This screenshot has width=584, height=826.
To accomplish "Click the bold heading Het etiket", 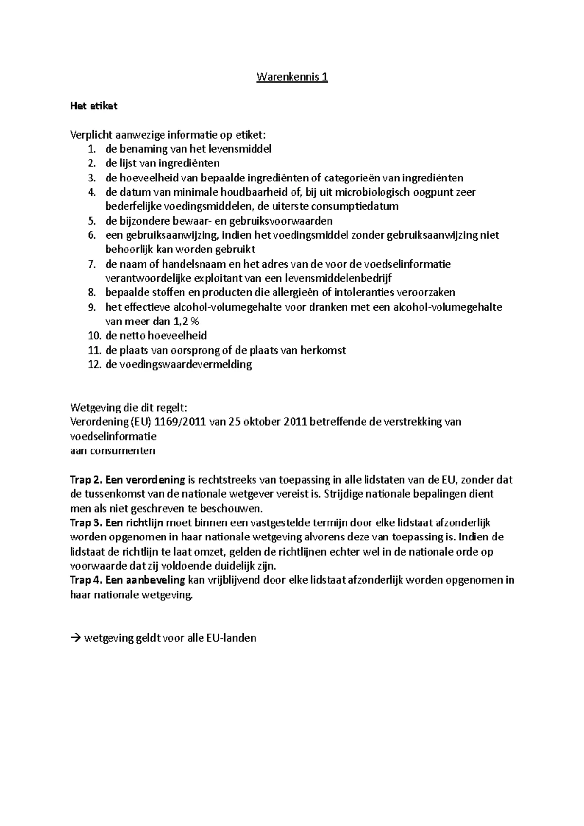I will (94, 106).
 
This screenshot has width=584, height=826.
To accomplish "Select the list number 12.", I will (94, 364).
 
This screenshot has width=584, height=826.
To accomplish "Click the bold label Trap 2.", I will (86, 480).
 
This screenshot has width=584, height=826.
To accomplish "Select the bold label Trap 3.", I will (86, 523).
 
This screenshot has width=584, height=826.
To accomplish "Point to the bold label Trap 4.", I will (86, 580).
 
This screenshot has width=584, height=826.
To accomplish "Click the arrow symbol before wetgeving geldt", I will (76, 638).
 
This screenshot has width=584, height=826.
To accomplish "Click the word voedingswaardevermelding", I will (179, 364).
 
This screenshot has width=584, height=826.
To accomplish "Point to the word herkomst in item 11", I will (323, 350).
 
